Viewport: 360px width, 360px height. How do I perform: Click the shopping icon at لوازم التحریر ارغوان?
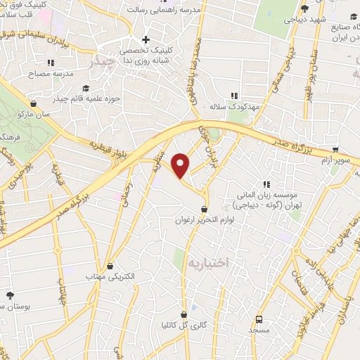tap(204, 209)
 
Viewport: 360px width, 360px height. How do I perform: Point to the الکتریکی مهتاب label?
tap(110, 278)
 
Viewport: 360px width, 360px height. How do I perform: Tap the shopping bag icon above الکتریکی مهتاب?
tap(110, 266)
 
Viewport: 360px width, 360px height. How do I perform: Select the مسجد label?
tap(259, 328)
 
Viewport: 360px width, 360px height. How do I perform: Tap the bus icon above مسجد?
tap(259, 318)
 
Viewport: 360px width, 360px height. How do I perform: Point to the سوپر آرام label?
tap(335, 161)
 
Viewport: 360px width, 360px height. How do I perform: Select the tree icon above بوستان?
tap(9, 295)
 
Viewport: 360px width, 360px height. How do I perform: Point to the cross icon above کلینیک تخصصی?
tap(146, 39)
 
